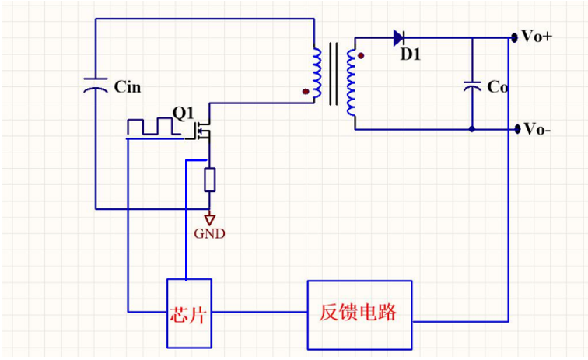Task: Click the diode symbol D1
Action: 399,37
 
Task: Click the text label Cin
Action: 128,86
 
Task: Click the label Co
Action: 498,88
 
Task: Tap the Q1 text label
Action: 183,114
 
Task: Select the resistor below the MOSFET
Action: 209,180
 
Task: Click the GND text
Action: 209,233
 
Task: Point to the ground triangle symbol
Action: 209,219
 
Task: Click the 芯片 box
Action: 187,313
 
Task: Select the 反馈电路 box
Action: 359,313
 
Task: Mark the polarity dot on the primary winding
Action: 305,91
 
